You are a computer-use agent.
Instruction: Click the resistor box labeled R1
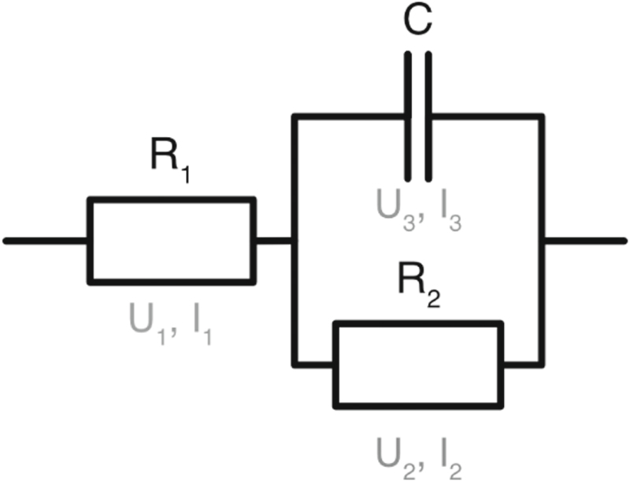tap(171, 240)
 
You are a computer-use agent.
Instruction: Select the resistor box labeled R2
tap(418, 364)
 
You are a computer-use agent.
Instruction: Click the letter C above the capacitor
tap(417, 22)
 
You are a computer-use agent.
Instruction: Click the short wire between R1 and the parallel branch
tap(274, 240)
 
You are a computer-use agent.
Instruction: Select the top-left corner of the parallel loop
tap(295, 117)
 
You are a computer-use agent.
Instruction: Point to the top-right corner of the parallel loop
tap(541, 117)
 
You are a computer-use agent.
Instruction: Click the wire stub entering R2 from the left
tap(314, 364)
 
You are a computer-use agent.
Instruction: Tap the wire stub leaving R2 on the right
tap(521, 364)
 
